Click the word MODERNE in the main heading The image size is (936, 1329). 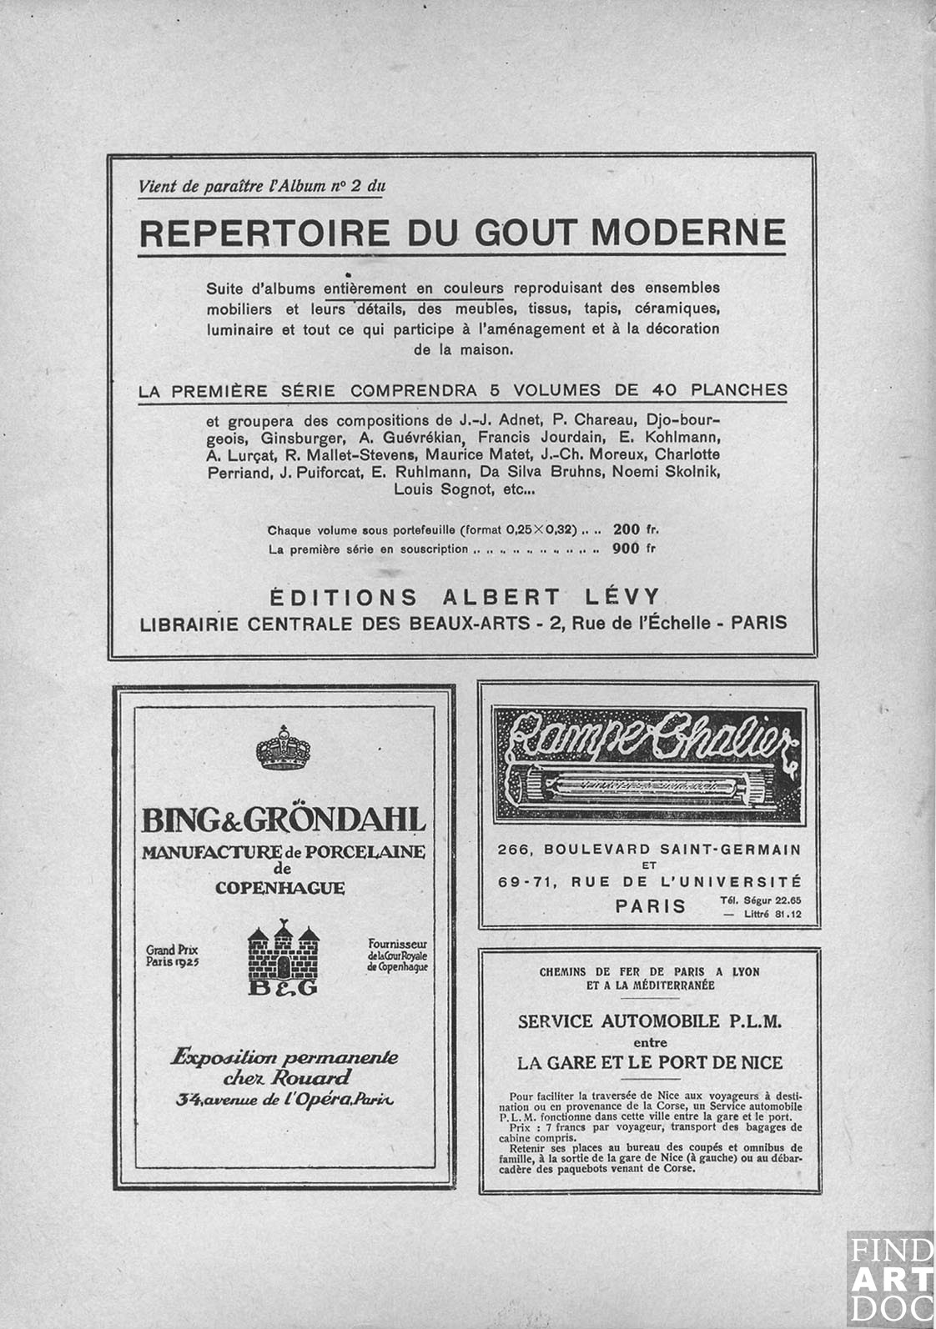pyautogui.click(x=688, y=233)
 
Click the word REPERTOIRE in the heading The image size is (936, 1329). pyautogui.click(x=264, y=233)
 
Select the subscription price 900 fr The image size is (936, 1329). pyautogui.click(x=634, y=549)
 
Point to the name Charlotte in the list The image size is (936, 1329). pyautogui.click(x=687, y=454)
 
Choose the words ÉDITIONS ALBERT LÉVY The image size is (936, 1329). pyautogui.click(x=464, y=597)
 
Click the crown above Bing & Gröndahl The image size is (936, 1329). pyautogui.click(x=284, y=748)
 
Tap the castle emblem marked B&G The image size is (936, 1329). pyautogui.click(x=284, y=958)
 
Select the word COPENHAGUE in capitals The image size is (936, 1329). pyautogui.click(x=279, y=888)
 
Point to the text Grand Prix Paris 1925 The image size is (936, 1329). pyautogui.click(x=173, y=955)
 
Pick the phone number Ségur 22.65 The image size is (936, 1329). pyautogui.click(x=760, y=900)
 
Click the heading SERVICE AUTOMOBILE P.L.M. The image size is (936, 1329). pyautogui.click(x=650, y=1021)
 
